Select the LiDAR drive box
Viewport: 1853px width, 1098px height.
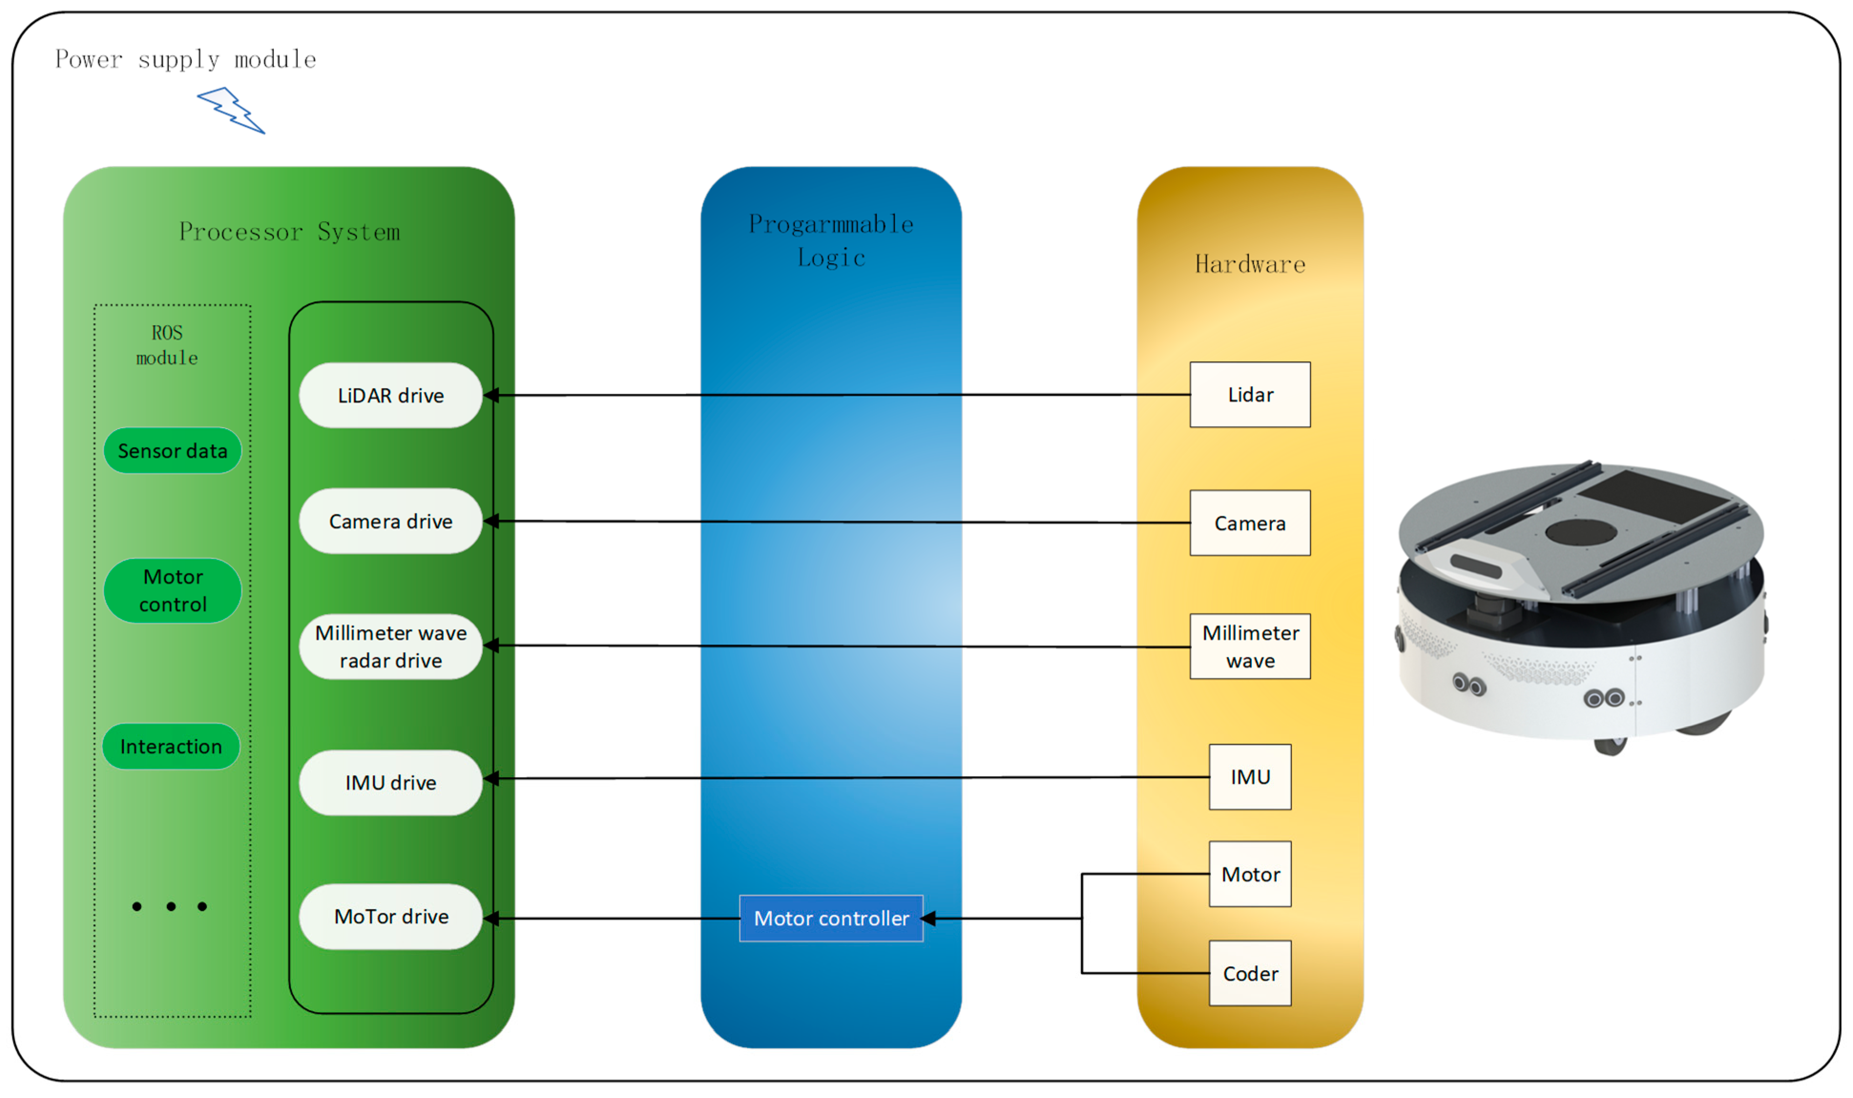tap(391, 395)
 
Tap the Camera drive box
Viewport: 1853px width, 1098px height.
tap(391, 521)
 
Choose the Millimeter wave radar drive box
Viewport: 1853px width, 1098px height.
tap(391, 647)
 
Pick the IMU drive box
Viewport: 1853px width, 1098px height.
tap(391, 782)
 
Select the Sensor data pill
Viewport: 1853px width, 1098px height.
tap(172, 451)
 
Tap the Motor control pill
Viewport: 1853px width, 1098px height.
tap(172, 590)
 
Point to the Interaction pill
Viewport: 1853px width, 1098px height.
tap(171, 746)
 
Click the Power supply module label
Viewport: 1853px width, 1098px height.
tap(185, 59)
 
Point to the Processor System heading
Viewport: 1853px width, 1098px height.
tap(289, 232)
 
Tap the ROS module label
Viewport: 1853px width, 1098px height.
tap(167, 345)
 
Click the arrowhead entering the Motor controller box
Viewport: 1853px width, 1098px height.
tap(929, 918)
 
